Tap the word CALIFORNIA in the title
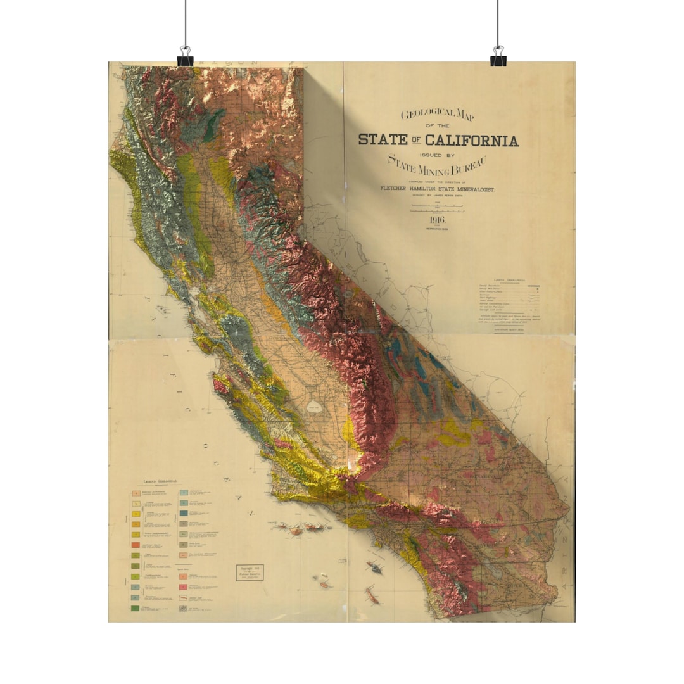click(472, 141)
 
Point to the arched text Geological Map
click(438, 115)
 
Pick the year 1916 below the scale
click(437, 220)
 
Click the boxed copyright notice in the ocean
click(250, 573)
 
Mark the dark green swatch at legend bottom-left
click(135, 608)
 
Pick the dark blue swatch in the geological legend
click(184, 513)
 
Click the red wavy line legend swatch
click(184, 597)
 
